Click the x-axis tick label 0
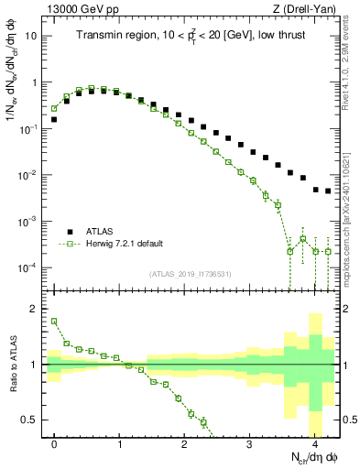pos(55,444)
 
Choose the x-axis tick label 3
pos(250,444)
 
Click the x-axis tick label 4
pos(315,444)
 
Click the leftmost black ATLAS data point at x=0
pos(54,119)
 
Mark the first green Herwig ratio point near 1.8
pos(54,321)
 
